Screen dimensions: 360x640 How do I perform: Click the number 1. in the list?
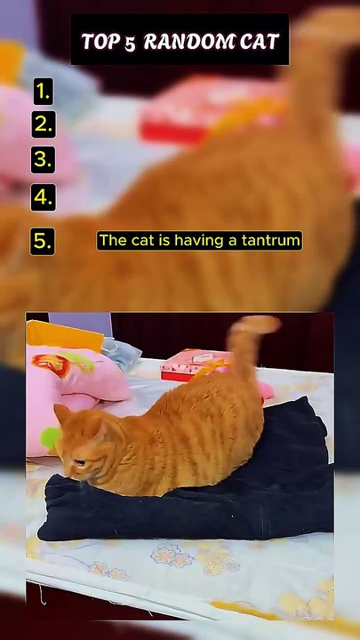(43, 92)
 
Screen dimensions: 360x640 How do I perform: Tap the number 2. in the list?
(44, 124)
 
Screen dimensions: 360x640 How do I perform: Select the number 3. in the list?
(43, 160)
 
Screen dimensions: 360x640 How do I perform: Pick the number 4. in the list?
(43, 197)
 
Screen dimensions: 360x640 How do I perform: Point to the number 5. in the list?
(43, 242)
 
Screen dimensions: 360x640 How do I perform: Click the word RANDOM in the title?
(188, 42)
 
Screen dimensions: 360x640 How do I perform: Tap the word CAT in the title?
(260, 42)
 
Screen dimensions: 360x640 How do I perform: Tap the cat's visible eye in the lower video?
(79, 462)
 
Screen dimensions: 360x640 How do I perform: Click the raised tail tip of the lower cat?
(262, 324)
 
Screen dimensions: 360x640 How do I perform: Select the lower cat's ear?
(62, 413)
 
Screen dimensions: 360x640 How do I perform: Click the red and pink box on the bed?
(192, 365)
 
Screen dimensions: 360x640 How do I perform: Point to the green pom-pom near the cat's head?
(50, 437)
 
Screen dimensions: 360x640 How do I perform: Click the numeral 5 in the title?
(130, 43)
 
